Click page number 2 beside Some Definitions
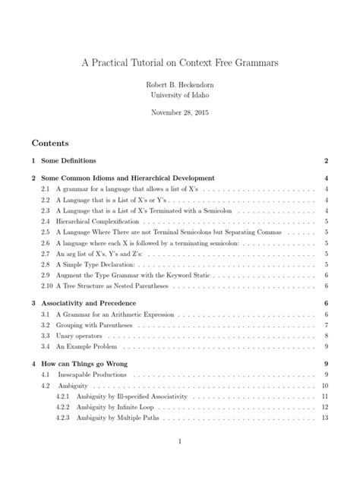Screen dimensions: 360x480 [325, 161]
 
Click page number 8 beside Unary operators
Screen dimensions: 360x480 [325, 336]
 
